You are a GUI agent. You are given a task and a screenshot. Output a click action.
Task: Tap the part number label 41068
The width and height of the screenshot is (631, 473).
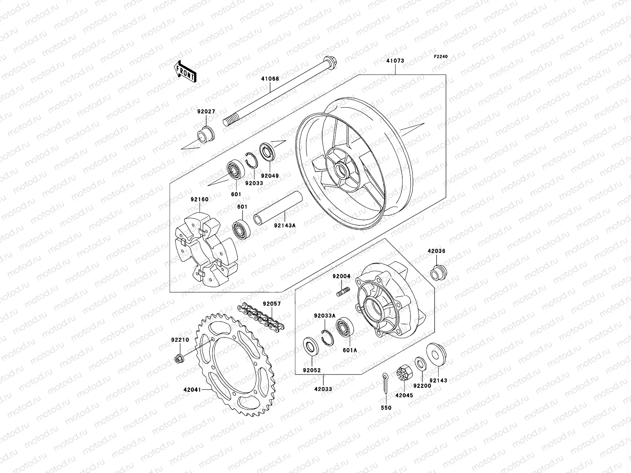[270, 79]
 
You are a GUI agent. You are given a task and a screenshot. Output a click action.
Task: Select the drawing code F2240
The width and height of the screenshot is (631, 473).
[441, 57]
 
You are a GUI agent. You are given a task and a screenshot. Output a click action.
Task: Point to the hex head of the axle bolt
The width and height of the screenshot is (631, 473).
[328, 62]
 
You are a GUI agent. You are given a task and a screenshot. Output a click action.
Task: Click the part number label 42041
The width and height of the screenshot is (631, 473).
[192, 389]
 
